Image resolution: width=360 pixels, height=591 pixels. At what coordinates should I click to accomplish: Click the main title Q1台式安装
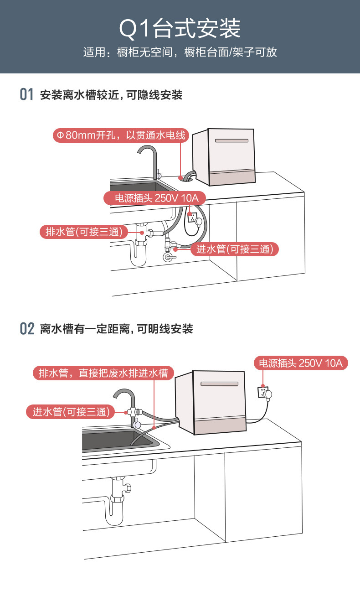point(180,29)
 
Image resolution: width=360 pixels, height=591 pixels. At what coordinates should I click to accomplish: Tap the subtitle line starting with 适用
point(180,52)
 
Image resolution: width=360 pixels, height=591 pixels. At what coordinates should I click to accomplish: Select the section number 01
point(27,95)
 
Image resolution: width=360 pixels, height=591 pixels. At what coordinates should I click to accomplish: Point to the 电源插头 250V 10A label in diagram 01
point(154,198)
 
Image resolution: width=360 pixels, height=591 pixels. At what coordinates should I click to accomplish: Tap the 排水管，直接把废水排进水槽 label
point(103,373)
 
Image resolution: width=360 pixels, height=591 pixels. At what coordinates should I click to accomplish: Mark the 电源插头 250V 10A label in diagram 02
point(301,363)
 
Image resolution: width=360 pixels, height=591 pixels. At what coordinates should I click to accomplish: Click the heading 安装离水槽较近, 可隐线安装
point(111,95)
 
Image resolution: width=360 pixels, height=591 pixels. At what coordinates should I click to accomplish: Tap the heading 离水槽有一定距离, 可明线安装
point(117,328)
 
